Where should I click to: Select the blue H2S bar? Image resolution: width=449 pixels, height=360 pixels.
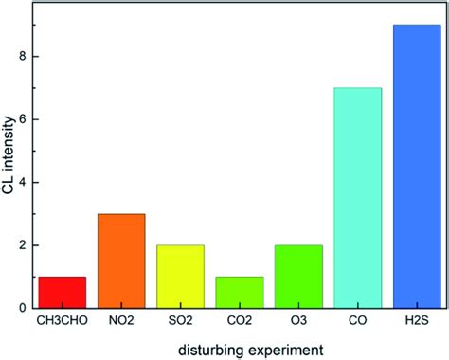click(x=417, y=166)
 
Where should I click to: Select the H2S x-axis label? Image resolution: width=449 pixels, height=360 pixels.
click(x=418, y=323)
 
